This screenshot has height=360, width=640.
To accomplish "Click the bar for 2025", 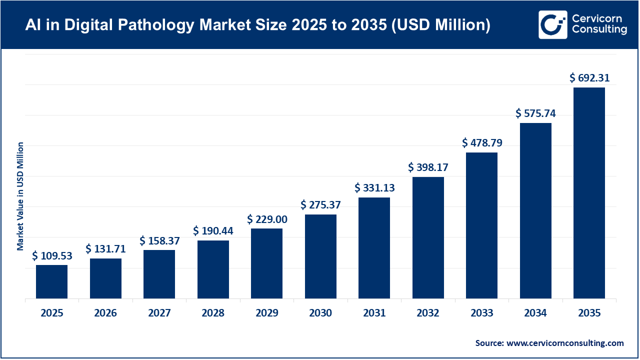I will click(x=51, y=282).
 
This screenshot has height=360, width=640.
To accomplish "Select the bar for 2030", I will click(x=320, y=256).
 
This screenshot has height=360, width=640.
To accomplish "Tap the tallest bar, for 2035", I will click(x=589, y=193).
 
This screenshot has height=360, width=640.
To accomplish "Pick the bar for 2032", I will click(x=428, y=238).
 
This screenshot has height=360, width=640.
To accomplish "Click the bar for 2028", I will click(x=213, y=269).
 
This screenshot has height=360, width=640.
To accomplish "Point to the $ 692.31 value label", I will click(x=589, y=78).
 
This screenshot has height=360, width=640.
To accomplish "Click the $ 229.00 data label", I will click(x=267, y=219).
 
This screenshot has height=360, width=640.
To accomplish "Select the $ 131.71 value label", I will click(x=105, y=249).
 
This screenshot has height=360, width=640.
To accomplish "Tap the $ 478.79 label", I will click(x=482, y=143).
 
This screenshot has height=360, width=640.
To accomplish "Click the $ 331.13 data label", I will click(x=374, y=188).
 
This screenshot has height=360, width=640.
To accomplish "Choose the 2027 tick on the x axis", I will click(x=159, y=313).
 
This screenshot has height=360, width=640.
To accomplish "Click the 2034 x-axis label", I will click(x=535, y=313).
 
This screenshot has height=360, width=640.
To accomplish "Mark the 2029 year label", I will click(x=267, y=313).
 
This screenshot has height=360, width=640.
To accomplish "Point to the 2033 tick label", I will click(x=482, y=313).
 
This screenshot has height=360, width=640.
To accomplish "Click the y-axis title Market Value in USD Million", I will click(x=20, y=196).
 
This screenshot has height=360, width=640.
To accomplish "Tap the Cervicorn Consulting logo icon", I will click(x=552, y=24).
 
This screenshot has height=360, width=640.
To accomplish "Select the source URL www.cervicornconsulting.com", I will click(x=565, y=343).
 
